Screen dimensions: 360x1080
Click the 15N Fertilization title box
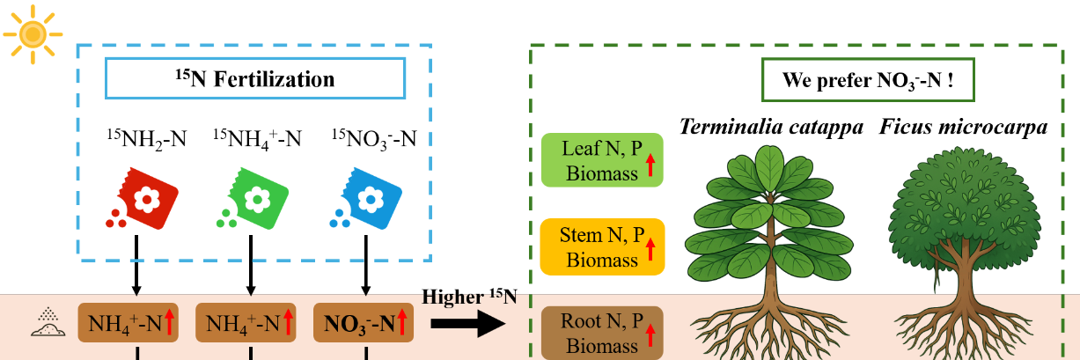(x=254, y=78)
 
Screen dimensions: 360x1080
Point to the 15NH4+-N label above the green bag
(x=257, y=137)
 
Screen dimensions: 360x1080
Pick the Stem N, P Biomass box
(x=602, y=246)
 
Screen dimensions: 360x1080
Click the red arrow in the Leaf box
(x=650, y=165)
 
